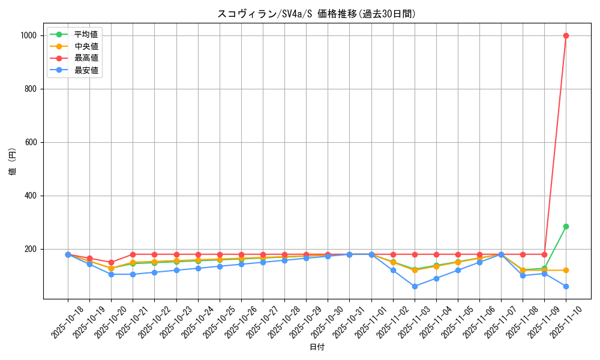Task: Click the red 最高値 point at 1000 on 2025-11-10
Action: pos(566,35)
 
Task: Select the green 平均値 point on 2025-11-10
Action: pos(566,226)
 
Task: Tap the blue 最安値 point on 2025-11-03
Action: pos(415,286)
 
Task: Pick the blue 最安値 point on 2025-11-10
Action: pos(566,286)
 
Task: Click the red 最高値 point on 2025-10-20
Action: pos(111,262)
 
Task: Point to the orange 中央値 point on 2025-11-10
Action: pos(566,270)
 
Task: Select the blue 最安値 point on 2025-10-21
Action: pos(133,274)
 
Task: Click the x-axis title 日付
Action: pos(317,347)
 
